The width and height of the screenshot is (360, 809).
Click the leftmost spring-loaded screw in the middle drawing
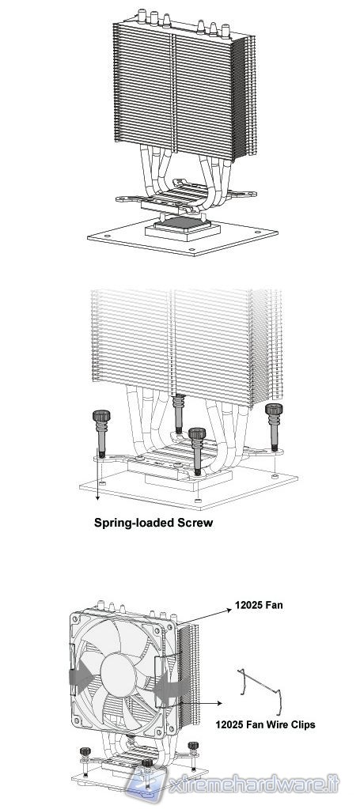101,433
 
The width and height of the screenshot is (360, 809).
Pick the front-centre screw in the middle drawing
197,450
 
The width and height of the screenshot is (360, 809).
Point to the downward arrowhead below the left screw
97,498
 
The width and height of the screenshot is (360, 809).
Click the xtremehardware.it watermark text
253,785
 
